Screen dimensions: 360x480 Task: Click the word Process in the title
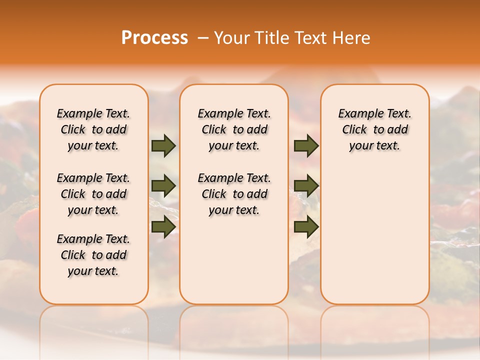[154, 38]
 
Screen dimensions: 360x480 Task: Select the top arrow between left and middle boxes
[163, 146]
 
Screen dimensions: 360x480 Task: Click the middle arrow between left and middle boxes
[163, 186]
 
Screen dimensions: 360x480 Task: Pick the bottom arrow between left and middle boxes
[163, 226]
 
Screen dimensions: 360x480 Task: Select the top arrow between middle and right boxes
[306, 146]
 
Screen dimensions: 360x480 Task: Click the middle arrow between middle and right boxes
[306, 186]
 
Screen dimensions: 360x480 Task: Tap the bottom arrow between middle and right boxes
[306, 226]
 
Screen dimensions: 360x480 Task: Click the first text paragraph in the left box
[93, 129]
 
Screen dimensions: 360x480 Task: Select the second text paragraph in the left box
[93, 194]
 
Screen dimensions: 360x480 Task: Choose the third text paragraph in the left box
[93, 255]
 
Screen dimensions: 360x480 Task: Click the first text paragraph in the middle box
[234, 129]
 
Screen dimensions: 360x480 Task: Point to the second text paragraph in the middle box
[234, 194]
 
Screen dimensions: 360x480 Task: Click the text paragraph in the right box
[375, 129]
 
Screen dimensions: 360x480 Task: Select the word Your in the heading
[232, 38]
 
